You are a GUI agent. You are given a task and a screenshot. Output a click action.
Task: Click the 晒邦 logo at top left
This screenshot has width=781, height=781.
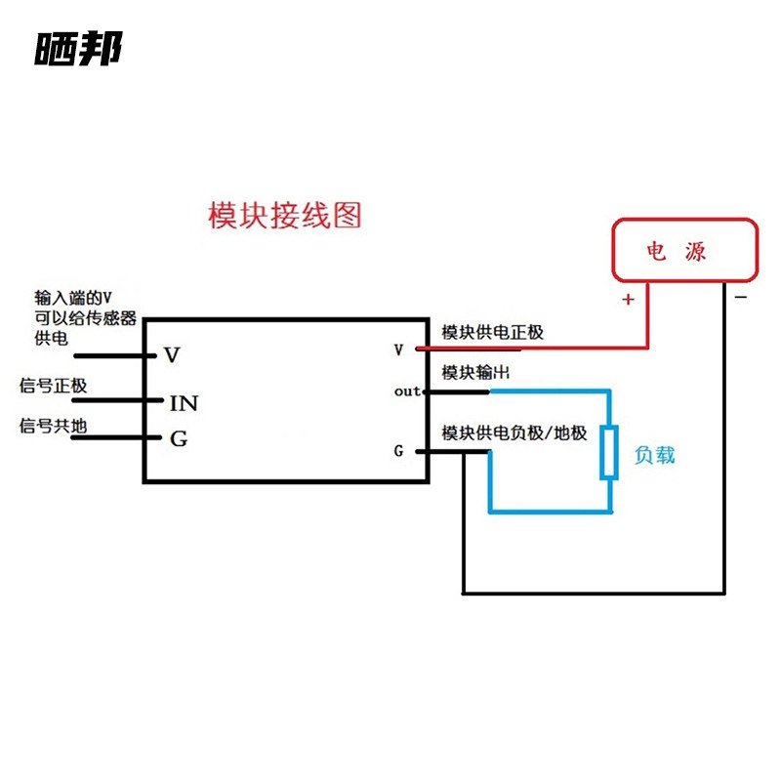(x=78, y=48)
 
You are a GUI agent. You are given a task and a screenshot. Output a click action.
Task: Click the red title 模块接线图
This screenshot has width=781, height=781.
(x=284, y=215)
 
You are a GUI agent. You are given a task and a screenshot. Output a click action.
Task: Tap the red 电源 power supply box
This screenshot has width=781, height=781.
(x=685, y=250)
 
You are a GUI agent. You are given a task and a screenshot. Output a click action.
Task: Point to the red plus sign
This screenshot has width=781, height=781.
(x=628, y=299)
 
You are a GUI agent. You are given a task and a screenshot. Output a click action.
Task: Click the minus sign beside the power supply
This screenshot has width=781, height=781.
(x=741, y=298)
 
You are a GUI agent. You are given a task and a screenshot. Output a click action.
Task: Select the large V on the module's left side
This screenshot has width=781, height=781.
(x=172, y=355)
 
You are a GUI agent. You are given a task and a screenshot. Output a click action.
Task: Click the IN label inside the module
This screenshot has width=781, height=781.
(x=184, y=403)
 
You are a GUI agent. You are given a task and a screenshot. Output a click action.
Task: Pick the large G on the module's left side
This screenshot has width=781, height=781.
(x=179, y=438)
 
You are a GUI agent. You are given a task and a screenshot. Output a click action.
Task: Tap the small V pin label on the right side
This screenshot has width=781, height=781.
(x=398, y=349)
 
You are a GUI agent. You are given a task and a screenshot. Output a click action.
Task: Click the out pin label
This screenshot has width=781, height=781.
(x=407, y=391)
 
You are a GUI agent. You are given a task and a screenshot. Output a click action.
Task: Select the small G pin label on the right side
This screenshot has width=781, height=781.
(x=398, y=451)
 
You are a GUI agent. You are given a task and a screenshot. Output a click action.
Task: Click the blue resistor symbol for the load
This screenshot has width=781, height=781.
(x=608, y=452)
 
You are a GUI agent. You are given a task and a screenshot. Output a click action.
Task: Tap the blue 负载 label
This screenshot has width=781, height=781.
(x=654, y=455)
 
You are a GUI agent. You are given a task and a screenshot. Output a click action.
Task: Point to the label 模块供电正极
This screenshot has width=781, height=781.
(x=492, y=332)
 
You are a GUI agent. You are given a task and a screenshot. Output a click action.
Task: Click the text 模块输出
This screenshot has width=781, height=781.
(x=475, y=372)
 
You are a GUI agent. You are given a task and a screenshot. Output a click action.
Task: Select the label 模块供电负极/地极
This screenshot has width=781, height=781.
(x=514, y=432)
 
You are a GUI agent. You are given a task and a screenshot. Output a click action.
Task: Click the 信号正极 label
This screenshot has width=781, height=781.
(x=53, y=386)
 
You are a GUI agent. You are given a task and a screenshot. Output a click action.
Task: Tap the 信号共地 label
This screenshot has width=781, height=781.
(x=53, y=426)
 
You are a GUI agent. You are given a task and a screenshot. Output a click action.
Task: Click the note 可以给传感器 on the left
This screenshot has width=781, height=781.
(x=85, y=318)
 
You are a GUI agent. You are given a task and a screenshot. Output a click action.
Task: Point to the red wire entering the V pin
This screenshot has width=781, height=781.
(x=531, y=349)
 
